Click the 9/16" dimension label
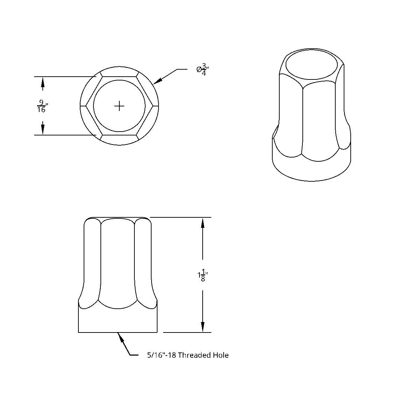pyautogui.click(x=42, y=106)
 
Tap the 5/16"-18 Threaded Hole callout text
pyautogui.click(x=188, y=355)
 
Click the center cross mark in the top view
pyautogui.click(x=119, y=106)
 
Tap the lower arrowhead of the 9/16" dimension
pyautogui.click(x=43, y=130)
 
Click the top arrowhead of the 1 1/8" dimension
pyautogui.click(x=203, y=222)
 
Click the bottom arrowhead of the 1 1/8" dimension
pyautogui.click(x=203, y=327)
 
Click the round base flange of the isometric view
pyautogui.click(x=311, y=168)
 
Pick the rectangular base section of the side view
pyautogui.click(x=118, y=320)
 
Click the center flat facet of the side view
pyautogui.click(x=118, y=262)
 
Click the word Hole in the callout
pyautogui.click(x=221, y=355)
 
